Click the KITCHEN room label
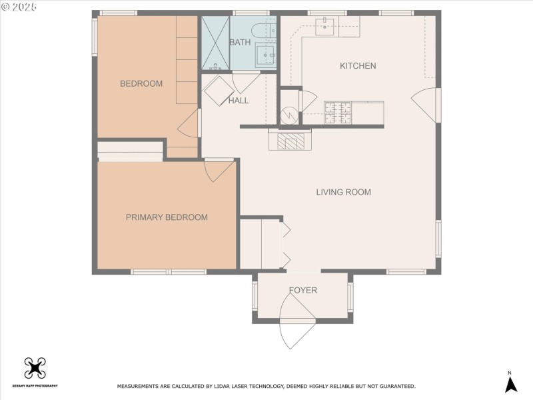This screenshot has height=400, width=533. (358, 66)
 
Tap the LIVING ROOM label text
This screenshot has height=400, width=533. (343, 192)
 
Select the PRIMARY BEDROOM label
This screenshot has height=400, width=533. (167, 217)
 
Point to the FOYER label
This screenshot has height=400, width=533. (302, 291)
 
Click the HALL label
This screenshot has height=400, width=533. (238, 101)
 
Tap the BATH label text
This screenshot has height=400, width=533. (240, 43)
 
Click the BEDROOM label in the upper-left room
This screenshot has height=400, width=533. (141, 83)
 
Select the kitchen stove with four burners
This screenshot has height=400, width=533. (337, 112)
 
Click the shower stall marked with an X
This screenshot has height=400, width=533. (215, 43)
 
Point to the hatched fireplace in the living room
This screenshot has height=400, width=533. (290, 141)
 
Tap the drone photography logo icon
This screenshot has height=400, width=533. (34, 368)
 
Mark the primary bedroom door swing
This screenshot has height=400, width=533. (219, 170)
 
